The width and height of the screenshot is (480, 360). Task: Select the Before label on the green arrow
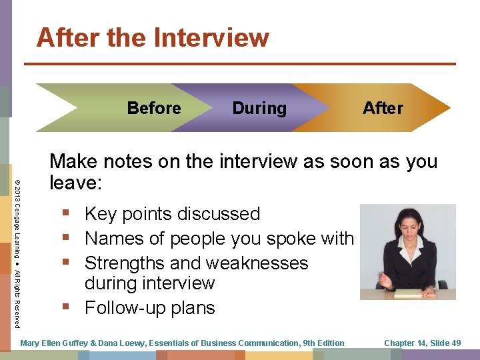coord(154,108)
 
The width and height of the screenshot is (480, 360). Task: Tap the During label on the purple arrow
coord(259,108)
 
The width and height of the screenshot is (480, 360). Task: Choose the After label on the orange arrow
coord(383,108)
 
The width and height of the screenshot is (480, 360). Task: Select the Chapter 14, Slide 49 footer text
coord(422,343)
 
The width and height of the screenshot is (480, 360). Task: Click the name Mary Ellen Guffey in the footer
coord(59,343)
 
